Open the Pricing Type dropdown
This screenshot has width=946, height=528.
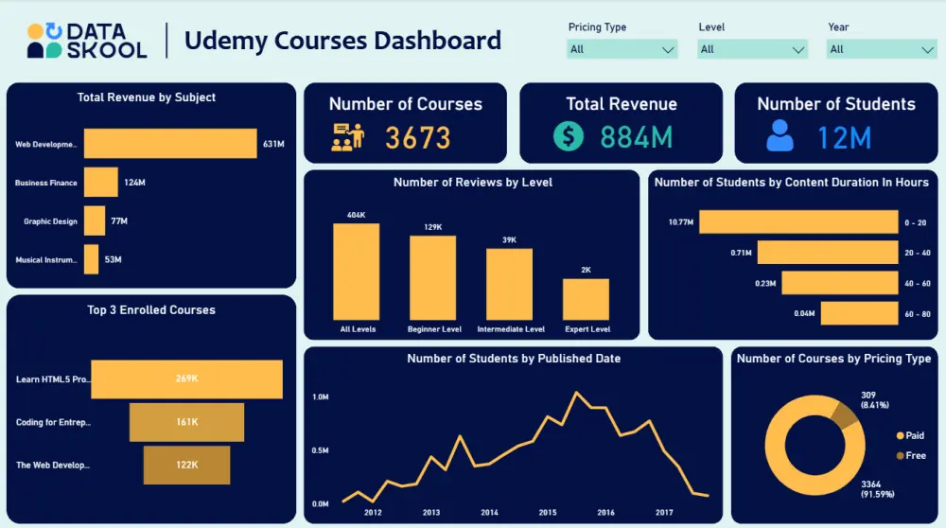622,49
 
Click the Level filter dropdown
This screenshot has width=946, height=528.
753,49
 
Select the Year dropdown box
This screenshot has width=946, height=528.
882,49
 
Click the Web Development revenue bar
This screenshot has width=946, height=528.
170,144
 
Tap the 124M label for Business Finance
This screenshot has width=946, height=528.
135,183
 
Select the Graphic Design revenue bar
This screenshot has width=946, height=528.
95,221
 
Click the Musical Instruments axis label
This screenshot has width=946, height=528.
46,259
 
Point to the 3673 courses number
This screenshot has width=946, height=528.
417,138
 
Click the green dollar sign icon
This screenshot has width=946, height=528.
568,136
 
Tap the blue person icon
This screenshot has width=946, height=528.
780,136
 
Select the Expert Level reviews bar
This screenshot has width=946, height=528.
586,299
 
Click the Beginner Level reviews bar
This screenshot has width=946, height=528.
432,277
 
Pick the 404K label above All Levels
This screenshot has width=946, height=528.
356,215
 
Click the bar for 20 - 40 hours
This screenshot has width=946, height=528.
828,253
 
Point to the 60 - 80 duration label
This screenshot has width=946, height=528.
917,313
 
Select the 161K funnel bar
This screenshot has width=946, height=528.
186,422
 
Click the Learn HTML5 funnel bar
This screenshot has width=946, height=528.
186,378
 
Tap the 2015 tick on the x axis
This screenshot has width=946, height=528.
548,513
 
